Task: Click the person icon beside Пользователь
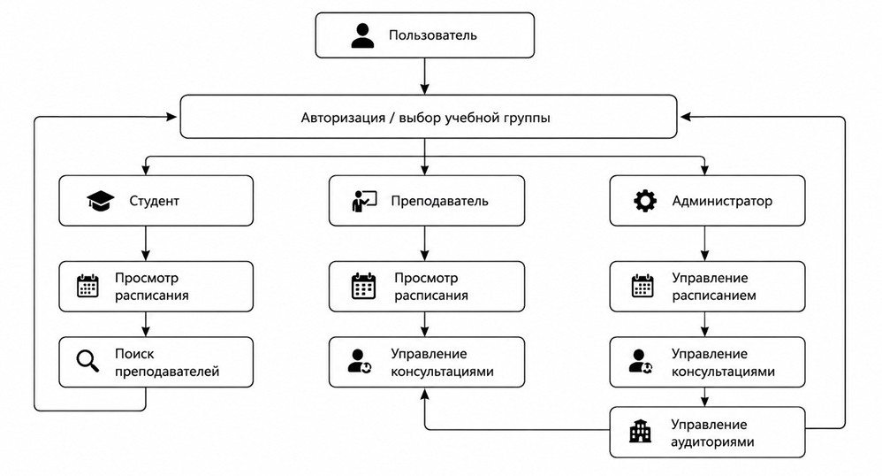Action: pyautogui.click(x=362, y=35)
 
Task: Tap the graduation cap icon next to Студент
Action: pyautogui.click(x=101, y=201)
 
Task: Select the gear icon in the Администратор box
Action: pyautogui.click(x=644, y=201)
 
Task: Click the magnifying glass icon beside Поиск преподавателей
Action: pyautogui.click(x=87, y=361)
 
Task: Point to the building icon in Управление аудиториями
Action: pyautogui.click(x=640, y=432)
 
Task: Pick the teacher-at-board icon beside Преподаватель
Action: pyautogui.click(x=364, y=201)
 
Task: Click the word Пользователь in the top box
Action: pyautogui.click(x=432, y=35)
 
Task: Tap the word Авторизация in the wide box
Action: pyautogui.click(x=343, y=118)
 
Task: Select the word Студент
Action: pyautogui.click(x=154, y=201)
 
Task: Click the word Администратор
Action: pyautogui.click(x=722, y=201)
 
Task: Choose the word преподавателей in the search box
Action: pyautogui.click(x=167, y=372)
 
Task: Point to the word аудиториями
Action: pyautogui.click(x=712, y=441)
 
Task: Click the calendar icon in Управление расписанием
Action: pyautogui.click(x=642, y=286)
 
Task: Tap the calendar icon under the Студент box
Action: pyautogui.click(x=87, y=286)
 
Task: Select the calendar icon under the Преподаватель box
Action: pyautogui.click(x=363, y=286)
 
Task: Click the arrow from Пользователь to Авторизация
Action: pyautogui.click(x=425, y=76)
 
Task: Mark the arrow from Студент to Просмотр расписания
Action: pyautogui.click(x=146, y=243)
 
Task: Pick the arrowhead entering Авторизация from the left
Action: pyautogui.click(x=171, y=117)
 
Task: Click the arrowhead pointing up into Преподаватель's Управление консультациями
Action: pyautogui.click(x=425, y=394)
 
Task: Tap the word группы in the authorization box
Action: pyautogui.click(x=528, y=119)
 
